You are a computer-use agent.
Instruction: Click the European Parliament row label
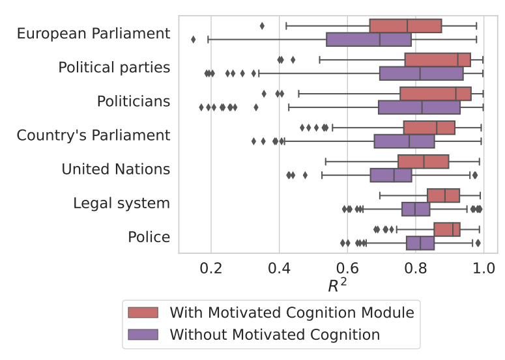pyautogui.click(x=93, y=33)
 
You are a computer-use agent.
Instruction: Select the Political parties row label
pyautogui.click(x=114, y=67)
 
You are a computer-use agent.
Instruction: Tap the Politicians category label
pyautogui.click(x=134, y=102)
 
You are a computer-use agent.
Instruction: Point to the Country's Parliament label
pyautogui.click(x=93, y=135)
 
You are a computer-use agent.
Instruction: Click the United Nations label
pyautogui.click(x=115, y=169)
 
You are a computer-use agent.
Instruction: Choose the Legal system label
pyautogui.click(x=121, y=203)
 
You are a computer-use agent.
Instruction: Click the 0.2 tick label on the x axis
pyautogui.click(x=210, y=269)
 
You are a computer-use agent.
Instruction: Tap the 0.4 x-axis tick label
pyautogui.click(x=279, y=269)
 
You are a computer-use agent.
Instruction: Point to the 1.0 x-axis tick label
pyautogui.click(x=483, y=269)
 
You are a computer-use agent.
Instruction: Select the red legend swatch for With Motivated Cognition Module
pyautogui.click(x=143, y=312)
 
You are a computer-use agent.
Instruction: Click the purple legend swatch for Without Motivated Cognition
pyautogui.click(x=143, y=335)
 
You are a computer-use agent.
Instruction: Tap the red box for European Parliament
pyautogui.click(x=405, y=26)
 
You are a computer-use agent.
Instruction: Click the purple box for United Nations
pyautogui.click(x=391, y=176)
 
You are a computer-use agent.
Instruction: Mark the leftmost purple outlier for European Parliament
pyautogui.click(x=194, y=40)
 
